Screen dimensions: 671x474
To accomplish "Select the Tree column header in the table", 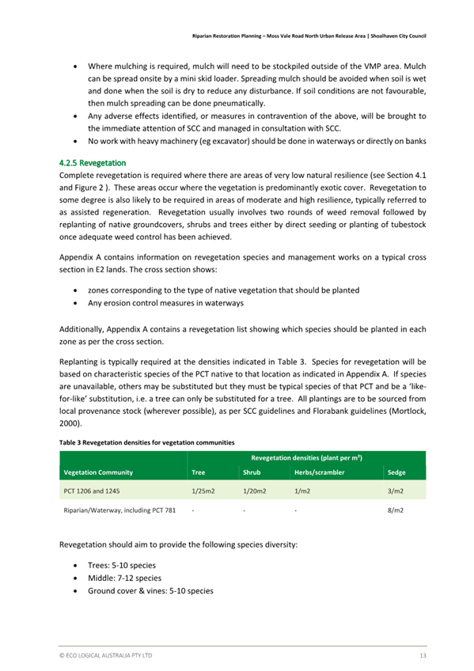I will point(199,472).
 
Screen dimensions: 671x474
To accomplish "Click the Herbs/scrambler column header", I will point(318,472).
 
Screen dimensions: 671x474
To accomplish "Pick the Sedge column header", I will point(396,472).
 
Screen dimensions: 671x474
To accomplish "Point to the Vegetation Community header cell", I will point(98,472).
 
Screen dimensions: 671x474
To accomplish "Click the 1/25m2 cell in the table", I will point(203,491).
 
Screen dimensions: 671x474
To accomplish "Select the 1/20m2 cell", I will point(254,491).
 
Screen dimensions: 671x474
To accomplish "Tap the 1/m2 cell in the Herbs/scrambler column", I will point(302,491).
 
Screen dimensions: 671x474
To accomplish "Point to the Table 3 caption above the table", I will point(146,442).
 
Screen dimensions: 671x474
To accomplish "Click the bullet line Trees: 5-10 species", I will point(122,566).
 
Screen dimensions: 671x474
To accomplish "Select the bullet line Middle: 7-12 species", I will point(124,578).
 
